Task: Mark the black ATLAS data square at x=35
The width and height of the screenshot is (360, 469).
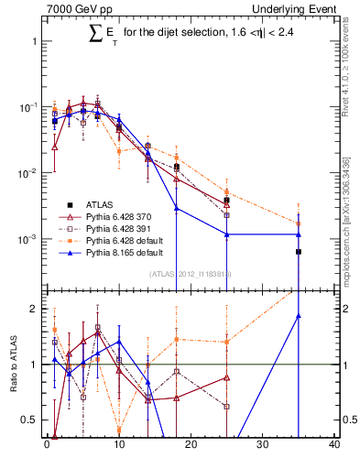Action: click(299, 251)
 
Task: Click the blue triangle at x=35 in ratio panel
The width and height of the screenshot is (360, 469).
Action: click(299, 316)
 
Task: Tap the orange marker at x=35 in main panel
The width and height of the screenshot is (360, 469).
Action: click(299, 223)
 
